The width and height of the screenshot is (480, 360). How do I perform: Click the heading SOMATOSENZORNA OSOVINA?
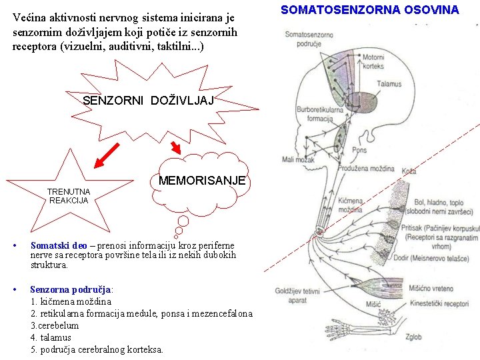point(369,10)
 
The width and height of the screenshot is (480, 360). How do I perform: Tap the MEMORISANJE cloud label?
point(202,181)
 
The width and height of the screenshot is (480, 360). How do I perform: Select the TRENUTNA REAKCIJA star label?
point(69,196)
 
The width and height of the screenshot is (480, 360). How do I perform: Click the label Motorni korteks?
point(374,62)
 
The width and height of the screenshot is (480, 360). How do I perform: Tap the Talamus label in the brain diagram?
point(389,84)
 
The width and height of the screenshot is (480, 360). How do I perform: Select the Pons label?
point(359,150)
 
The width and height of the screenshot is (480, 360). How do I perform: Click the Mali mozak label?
point(297,160)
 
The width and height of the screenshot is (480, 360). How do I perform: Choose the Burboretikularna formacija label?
point(315,114)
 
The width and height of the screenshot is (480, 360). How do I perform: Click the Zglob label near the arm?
point(413,337)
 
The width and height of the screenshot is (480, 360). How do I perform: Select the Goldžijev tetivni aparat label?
point(298,295)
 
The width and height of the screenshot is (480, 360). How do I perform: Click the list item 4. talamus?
point(51,337)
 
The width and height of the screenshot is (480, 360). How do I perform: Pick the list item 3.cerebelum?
point(55,325)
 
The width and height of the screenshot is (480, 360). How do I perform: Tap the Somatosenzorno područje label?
point(309,38)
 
